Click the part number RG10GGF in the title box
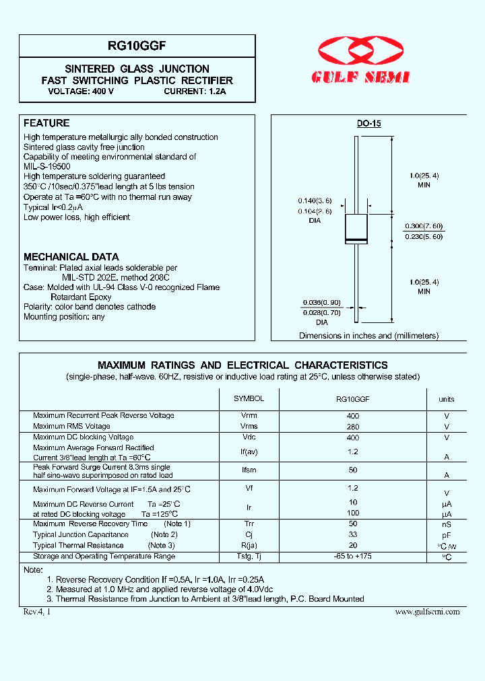[137, 46]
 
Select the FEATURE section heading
[46, 123]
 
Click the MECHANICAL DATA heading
[71, 256]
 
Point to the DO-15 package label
[368, 124]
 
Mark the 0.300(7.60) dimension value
[424, 226]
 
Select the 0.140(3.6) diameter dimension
[315, 201]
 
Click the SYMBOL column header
[249, 398]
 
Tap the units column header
[447, 399]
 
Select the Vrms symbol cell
[249, 426]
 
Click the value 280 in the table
[352, 426]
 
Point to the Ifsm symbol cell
[249, 470]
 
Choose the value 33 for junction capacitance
[352, 534]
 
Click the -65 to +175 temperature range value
[352, 556]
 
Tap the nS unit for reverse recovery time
[447, 524]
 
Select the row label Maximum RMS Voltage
[71, 426]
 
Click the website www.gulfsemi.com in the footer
[427, 611]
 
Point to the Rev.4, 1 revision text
[36, 611]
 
